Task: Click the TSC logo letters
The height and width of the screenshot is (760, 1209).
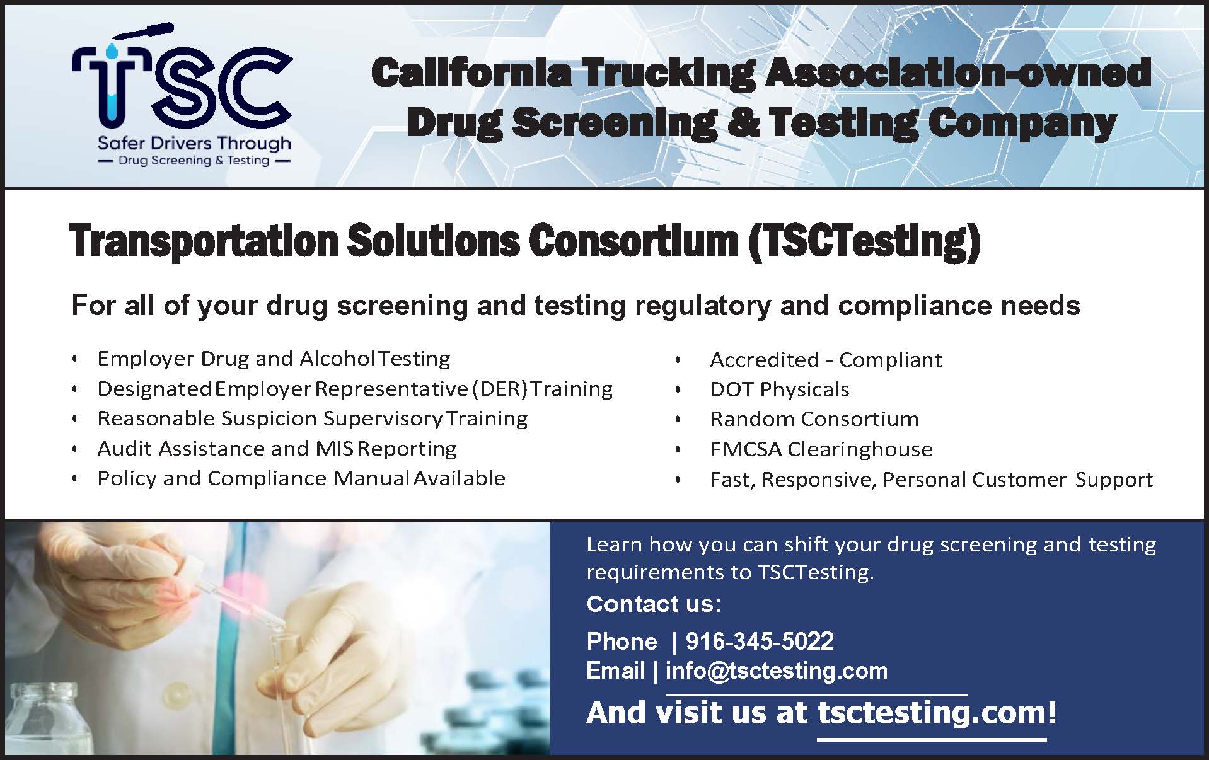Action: click(x=182, y=85)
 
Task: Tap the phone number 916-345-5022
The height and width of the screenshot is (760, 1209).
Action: click(x=760, y=642)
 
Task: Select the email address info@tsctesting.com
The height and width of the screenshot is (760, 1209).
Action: click(x=776, y=671)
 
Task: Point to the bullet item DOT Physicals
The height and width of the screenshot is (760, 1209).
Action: click(x=780, y=389)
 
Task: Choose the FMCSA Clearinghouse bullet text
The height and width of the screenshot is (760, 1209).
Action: click(x=821, y=449)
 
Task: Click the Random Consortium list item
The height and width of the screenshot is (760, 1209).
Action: click(x=814, y=419)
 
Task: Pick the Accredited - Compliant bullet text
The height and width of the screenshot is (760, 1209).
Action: click(x=826, y=360)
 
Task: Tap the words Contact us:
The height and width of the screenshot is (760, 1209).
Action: click(x=654, y=604)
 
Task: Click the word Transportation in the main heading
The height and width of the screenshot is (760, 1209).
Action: click(x=204, y=243)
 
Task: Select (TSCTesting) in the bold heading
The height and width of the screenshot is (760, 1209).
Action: click(x=864, y=243)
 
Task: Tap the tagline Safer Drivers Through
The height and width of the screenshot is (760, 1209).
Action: click(x=194, y=144)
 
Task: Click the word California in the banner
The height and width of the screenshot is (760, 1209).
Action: click(x=471, y=73)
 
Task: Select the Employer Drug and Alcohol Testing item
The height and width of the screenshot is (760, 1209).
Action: click(x=274, y=359)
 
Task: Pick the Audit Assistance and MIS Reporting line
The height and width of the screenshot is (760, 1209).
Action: click(x=277, y=449)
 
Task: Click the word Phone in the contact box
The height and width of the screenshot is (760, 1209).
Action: click(x=622, y=642)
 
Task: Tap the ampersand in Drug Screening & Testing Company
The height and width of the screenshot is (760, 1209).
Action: click(x=742, y=122)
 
